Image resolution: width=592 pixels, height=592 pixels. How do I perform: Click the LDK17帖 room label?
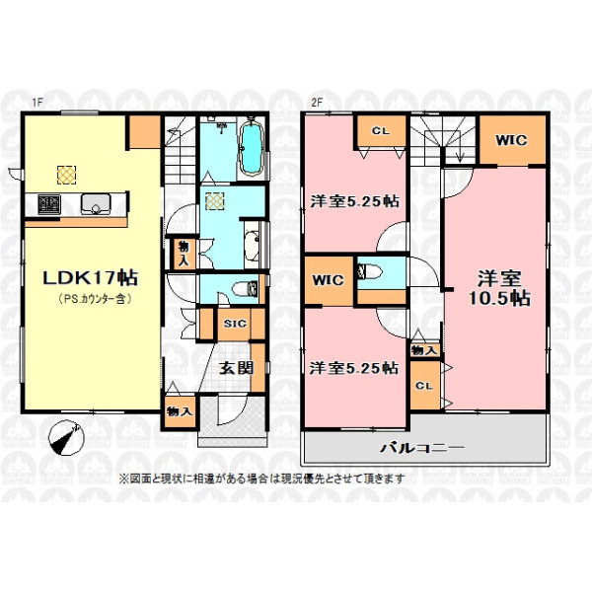(90, 278)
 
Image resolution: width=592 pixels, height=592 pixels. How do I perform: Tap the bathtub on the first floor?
(252, 148)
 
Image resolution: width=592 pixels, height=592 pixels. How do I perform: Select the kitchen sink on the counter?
(96, 204)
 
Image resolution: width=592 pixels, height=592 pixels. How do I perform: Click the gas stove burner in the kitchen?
(49, 204)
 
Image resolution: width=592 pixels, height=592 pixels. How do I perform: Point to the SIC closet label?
(235, 324)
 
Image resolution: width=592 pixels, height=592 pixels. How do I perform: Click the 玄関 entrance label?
(237, 368)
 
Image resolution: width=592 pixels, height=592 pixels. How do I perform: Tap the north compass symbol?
(67, 436)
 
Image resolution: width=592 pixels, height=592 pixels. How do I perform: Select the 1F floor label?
(37, 102)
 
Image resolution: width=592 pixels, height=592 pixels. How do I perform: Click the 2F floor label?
(318, 102)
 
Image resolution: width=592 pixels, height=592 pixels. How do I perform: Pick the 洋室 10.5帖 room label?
(499, 288)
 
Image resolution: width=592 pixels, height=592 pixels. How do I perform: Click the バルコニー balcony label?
(421, 448)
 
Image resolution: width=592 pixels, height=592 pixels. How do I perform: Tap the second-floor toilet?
(370, 271)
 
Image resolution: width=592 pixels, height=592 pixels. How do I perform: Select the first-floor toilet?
(246, 289)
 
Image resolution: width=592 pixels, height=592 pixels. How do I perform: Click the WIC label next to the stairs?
(511, 140)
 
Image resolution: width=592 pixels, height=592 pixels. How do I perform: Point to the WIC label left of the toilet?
(329, 280)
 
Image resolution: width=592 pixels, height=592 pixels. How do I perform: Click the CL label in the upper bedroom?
(381, 131)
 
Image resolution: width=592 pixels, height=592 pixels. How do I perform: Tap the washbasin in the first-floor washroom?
(252, 246)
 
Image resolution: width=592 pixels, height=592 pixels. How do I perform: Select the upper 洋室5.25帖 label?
(354, 201)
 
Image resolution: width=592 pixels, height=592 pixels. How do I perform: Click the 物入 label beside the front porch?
(180, 410)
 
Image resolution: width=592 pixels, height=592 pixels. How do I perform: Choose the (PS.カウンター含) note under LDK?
(95, 299)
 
